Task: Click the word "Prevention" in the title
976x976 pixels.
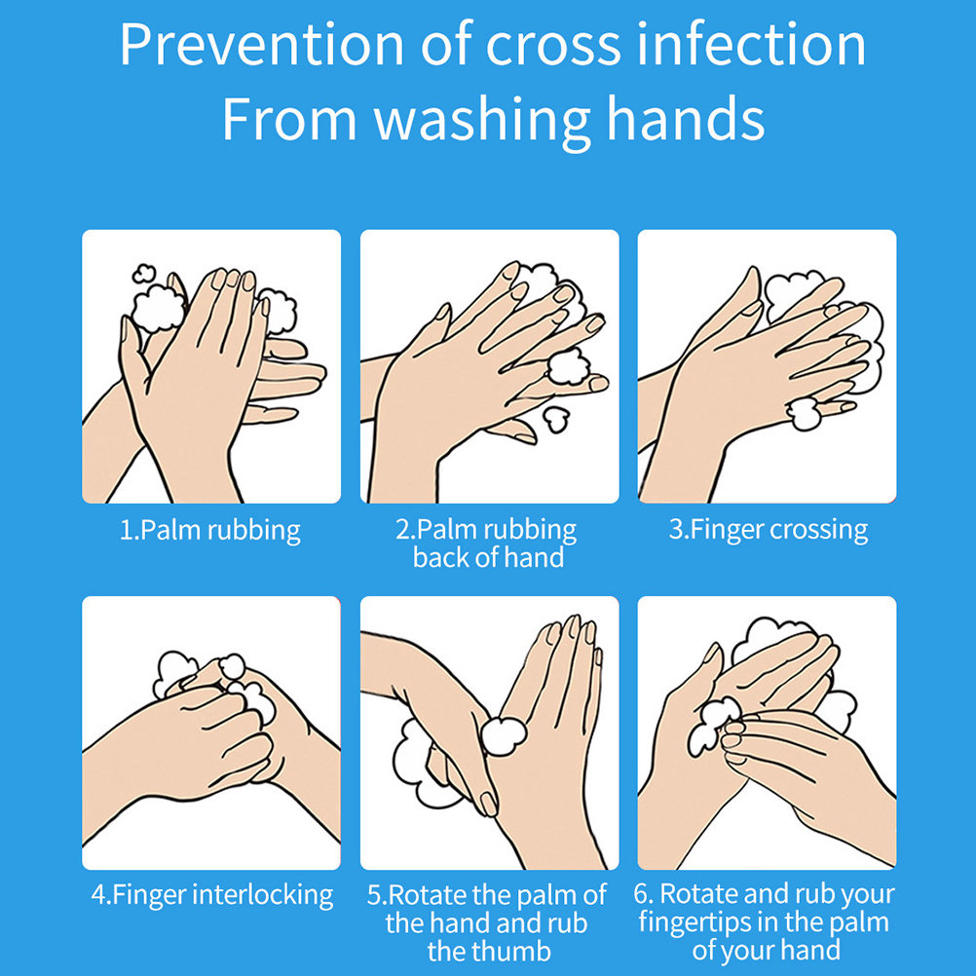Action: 262,45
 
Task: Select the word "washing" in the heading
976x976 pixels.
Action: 482,120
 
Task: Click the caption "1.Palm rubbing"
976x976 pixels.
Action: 210,530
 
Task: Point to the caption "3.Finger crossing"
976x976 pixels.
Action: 769,530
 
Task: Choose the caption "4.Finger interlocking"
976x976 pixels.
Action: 212,895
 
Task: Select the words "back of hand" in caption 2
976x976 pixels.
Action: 488,557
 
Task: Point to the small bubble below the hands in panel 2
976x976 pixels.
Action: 556,419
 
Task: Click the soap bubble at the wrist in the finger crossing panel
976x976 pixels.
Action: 804,413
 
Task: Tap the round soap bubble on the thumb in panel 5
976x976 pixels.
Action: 504,736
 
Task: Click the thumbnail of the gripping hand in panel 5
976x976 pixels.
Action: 489,804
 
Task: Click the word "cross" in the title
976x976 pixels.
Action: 552,45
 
